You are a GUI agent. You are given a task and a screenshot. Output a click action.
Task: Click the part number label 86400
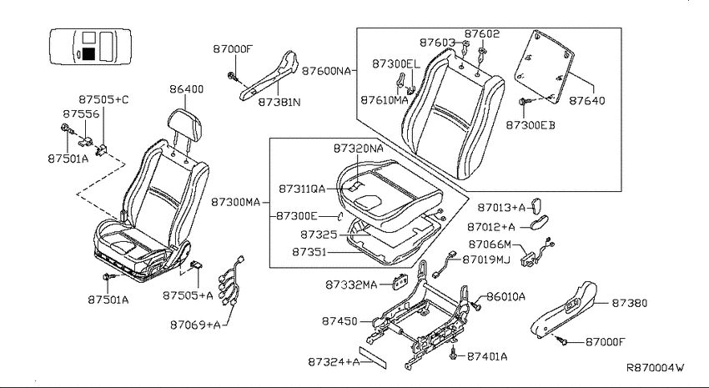(186, 89)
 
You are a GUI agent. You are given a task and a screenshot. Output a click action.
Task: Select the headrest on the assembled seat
(184, 123)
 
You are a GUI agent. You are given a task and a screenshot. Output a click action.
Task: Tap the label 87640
(586, 100)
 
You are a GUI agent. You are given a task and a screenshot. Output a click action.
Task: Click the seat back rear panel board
(545, 67)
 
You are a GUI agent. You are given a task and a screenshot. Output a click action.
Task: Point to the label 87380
(630, 303)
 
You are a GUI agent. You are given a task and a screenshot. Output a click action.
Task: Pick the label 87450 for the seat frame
(339, 321)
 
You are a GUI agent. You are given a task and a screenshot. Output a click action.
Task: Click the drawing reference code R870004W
(655, 367)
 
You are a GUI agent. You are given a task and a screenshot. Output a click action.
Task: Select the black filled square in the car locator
(88, 53)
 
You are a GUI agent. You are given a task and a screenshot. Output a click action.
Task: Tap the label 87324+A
(334, 362)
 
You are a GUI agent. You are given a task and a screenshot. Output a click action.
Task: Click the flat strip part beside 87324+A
(374, 357)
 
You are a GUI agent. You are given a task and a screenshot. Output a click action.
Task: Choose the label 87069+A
(195, 325)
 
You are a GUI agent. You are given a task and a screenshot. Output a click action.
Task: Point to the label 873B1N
(279, 102)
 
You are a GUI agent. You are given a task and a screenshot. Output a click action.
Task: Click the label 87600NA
(326, 71)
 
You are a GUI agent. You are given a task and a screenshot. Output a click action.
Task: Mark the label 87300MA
(235, 202)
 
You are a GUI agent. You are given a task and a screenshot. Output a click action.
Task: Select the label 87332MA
(351, 285)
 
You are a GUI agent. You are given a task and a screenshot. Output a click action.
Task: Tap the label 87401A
(487, 356)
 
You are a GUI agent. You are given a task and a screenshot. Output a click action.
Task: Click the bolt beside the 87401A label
(454, 353)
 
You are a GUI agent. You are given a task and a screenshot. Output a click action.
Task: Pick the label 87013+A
(502, 208)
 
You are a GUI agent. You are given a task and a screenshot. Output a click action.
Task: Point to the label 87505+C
(103, 99)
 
